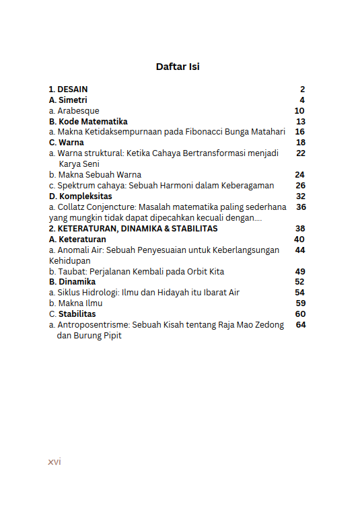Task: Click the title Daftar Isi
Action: click(x=178, y=67)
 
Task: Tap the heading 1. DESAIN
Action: click(x=68, y=89)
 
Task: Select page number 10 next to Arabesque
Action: click(x=299, y=111)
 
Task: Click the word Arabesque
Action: click(x=78, y=111)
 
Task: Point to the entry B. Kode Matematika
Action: click(x=88, y=122)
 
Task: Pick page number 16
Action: click(x=300, y=132)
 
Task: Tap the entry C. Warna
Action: click(x=67, y=143)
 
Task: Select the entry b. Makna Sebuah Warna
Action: click(x=95, y=175)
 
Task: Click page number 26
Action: click(x=300, y=186)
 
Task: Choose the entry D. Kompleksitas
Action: click(x=81, y=196)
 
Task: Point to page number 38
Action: click(x=300, y=229)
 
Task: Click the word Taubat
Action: click(x=71, y=271)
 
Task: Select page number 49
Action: click(x=300, y=271)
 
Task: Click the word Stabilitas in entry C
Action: click(x=77, y=314)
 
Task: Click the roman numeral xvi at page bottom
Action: click(x=55, y=462)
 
